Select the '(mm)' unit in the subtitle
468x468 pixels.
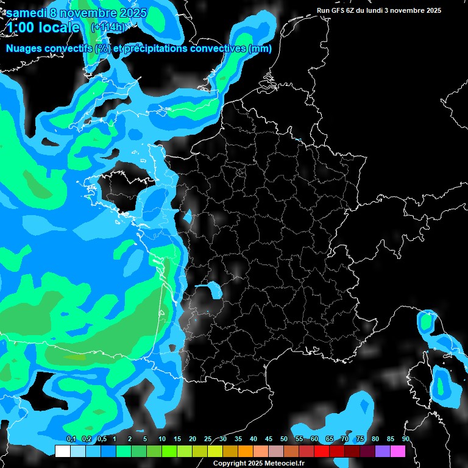tap(260, 49)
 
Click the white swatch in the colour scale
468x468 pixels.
tap(63, 451)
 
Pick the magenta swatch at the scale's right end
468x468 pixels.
tap(397, 451)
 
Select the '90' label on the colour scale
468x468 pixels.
tap(405, 439)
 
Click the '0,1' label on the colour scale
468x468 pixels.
tap(71, 439)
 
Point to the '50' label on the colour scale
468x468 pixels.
tap(283, 439)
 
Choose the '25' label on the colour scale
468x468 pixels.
tap(207, 439)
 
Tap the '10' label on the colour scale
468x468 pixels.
tap(161, 439)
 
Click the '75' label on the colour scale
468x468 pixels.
tap(360, 439)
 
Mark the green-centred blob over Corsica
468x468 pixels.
tap(441, 385)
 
